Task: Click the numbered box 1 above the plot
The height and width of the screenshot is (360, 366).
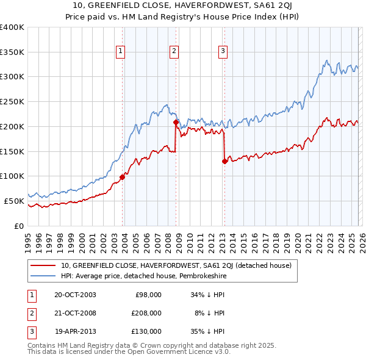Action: pyautogui.click(x=121, y=51)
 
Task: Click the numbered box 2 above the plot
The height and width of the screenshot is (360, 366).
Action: pyautogui.click(x=174, y=51)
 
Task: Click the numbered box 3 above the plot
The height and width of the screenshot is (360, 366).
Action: pyautogui.click(x=223, y=51)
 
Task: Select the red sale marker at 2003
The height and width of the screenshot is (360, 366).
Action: pyautogui.click(x=123, y=177)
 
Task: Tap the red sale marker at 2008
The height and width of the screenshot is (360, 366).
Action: pyautogui.click(x=176, y=122)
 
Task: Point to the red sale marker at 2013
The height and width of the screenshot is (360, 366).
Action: pyautogui.click(x=224, y=161)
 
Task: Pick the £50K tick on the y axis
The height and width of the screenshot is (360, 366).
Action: pyautogui.click(x=14, y=201)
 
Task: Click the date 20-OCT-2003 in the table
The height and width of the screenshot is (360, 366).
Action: pyautogui.click(x=75, y=295)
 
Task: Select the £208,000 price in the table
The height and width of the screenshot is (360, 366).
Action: pyautogui.click(x=146, y=313)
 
